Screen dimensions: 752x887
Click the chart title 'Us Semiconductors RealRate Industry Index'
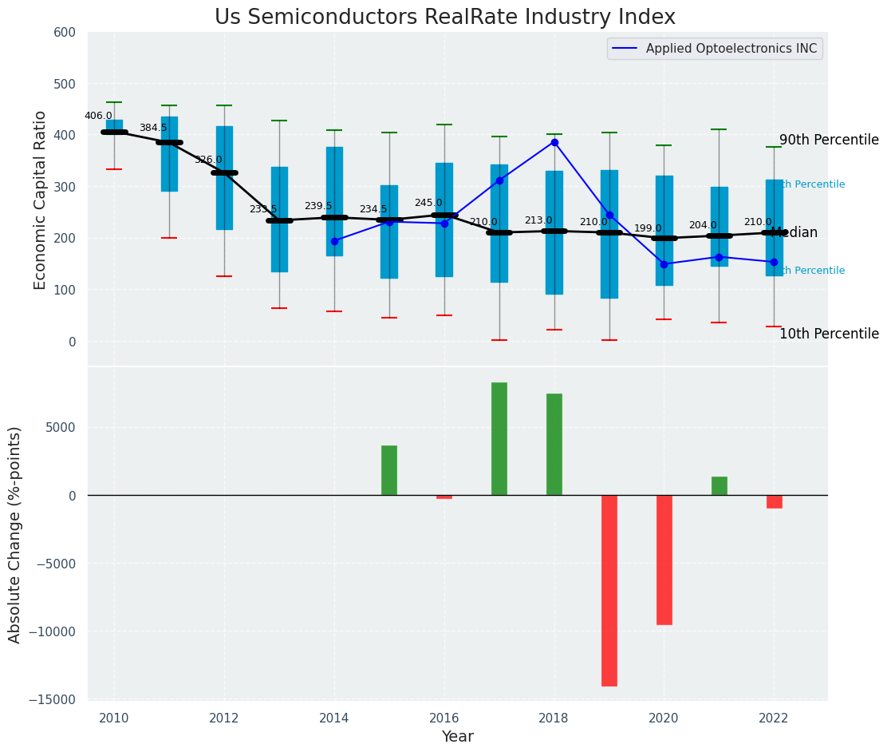444,18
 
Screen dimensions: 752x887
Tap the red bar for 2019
609,590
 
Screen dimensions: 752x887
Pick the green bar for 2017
499,438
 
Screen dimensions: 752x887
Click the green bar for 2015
389,470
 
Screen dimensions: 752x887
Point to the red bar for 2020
664,559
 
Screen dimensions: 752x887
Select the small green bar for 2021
719,485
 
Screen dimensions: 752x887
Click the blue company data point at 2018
554,142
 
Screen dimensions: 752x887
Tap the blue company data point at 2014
334,241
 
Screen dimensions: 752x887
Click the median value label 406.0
98,116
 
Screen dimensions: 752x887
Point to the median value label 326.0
208,160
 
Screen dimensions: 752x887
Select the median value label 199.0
648,228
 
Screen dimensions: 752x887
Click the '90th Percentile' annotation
829,141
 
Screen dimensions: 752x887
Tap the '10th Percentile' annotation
829,334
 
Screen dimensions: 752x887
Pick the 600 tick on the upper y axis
65,32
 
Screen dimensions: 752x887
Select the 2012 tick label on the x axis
224,718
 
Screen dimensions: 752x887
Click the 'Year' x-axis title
457,737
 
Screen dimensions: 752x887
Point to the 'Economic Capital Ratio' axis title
41,199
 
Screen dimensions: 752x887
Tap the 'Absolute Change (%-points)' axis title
15,534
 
